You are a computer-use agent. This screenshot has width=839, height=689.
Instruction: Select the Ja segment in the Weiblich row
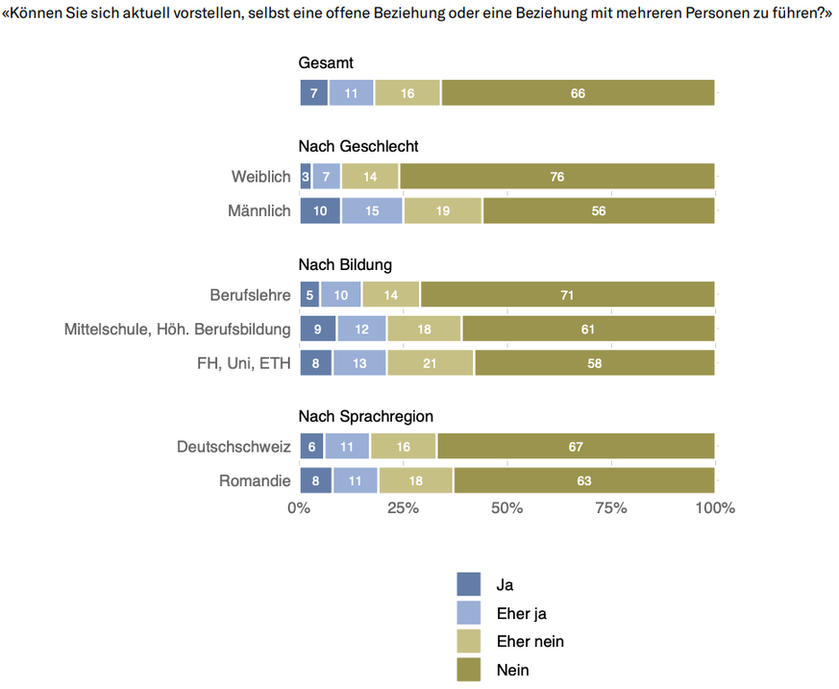tap(306, 177)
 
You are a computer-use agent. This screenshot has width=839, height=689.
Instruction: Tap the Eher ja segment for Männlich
tap(372, 210)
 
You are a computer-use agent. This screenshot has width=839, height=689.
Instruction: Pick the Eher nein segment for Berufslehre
tap(390, 295)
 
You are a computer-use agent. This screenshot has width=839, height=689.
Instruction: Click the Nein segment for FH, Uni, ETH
tap(594, 363)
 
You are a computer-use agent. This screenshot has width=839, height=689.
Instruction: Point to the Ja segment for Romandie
tap(315, 480)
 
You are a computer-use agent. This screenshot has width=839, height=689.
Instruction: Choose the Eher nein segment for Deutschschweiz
tap(403, 447)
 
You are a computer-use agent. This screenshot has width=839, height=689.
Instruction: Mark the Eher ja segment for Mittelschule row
tap(360, 330)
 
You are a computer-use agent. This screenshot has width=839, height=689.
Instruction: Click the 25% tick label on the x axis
tap(403, 507)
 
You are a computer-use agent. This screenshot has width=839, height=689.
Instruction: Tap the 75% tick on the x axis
tap(611, 507)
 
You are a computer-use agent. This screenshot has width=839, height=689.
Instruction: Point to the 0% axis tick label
tap(299, 507)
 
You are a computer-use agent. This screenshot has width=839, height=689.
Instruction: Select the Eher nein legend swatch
tap(468, 641)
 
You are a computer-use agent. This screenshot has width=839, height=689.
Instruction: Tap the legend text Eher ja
tap(521, 613)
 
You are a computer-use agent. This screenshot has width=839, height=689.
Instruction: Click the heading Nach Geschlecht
tap(358, 146)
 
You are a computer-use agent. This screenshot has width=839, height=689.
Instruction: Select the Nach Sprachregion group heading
tap(365, 416)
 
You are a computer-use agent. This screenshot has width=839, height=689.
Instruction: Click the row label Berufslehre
tap(250, 295)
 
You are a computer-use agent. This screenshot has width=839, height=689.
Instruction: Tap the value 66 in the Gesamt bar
tap(578, 93)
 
